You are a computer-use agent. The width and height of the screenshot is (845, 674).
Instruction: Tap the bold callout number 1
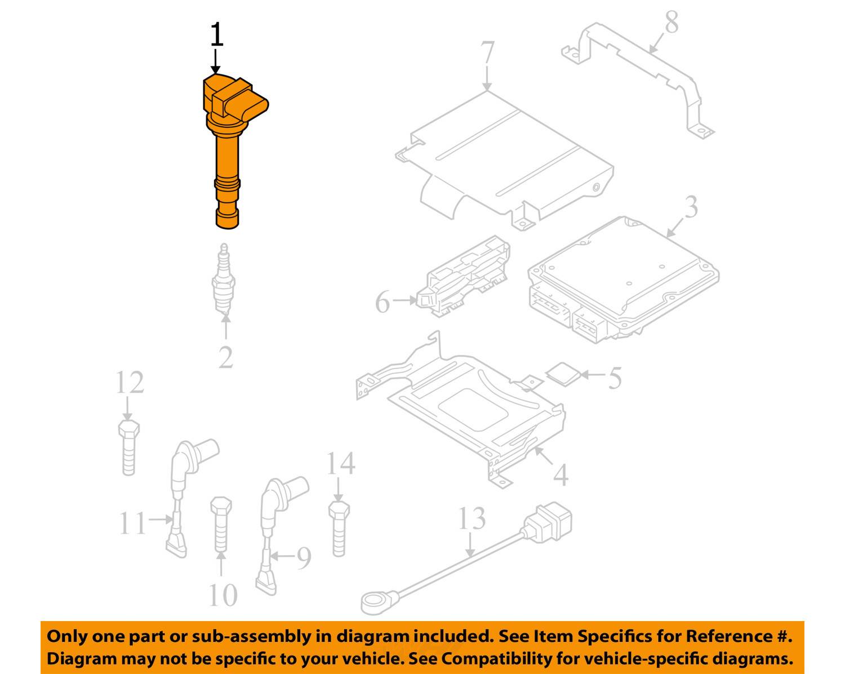coord(217,34)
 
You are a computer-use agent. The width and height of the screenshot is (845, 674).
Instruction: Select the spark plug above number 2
coord(224,278)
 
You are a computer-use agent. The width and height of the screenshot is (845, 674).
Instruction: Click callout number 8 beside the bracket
coord(671,22)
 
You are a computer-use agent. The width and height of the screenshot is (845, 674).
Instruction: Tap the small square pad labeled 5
coord(563,374)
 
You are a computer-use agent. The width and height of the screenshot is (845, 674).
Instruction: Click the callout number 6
coord(383,301)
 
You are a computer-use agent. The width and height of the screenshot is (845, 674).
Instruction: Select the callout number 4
coord(561,475)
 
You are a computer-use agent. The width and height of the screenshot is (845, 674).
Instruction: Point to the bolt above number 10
coord(221,524)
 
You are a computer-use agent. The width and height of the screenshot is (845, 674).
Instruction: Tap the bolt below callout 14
coord(339,529)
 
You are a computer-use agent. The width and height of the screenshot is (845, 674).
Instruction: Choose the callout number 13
coord(472,518)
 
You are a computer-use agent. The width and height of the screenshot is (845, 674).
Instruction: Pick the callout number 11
coord(133,523)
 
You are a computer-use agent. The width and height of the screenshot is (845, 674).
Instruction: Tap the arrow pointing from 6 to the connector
coord(404,300)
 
